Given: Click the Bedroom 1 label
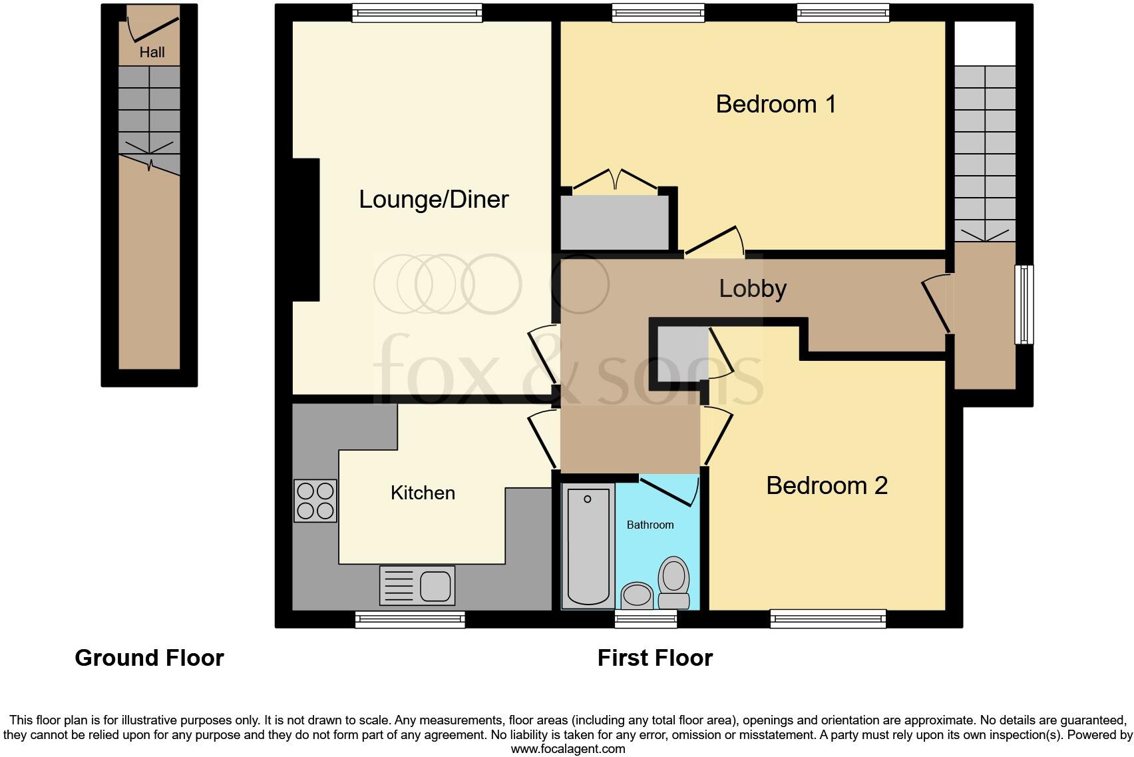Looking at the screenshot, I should (x=775, y=105).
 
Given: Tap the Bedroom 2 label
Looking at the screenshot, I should (x=827, y=485).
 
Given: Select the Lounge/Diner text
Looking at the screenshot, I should (x=433, y=200).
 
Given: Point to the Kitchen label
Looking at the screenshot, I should (x=423, y=493).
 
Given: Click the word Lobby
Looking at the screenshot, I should (x=753, y=288).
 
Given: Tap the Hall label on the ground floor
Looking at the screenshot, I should (x=152, y=52).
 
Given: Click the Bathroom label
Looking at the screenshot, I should (x=650, y=525).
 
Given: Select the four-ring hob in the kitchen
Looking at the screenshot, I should (x=315, y=501).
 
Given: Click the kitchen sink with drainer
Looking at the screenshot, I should (x=417, y=585).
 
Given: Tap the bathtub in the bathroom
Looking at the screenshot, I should (x=588, y=546).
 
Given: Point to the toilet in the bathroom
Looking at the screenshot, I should (x=673, y=583).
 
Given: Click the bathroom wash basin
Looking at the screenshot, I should (x=638, y=595).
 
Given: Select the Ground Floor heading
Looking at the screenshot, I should (x=149, y=658).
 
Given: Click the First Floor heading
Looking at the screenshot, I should (x=655, y=658).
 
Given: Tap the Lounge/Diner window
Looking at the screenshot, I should (x=417, y=12).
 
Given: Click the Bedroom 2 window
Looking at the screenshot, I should (x=828, y=619).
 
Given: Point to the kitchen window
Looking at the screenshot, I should (x=410, y=619).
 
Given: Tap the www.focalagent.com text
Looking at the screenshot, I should (x=568, y=749).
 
